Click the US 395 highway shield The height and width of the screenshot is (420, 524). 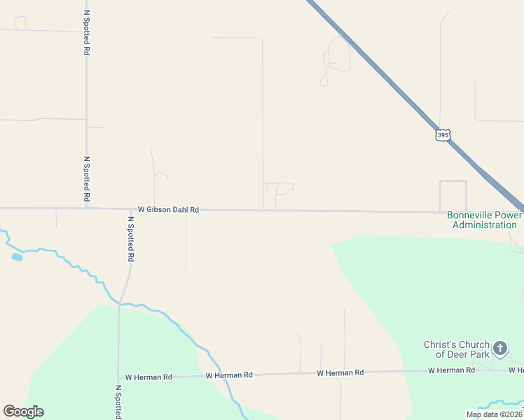tap(442, 134)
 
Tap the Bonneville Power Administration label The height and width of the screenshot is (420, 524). tap(485, 220)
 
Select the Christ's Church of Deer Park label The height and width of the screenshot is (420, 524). tap(457, 349)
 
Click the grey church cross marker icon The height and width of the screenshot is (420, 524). tap(500, 348)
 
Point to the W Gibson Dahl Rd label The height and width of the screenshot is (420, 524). tap(168, 209)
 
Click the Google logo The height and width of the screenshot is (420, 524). tap(23, 412)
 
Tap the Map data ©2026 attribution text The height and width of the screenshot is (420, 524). tap(495, 414)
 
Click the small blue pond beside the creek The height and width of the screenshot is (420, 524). tap(17, 257)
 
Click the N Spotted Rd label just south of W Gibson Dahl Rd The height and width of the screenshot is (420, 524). tap(130, 238)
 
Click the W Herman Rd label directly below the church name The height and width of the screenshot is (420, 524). tap(451, 370)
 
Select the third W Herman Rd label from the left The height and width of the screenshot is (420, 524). tap(340, 373)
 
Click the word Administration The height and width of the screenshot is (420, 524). tap(485, 225)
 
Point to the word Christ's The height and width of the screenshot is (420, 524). tap(439, 344)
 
